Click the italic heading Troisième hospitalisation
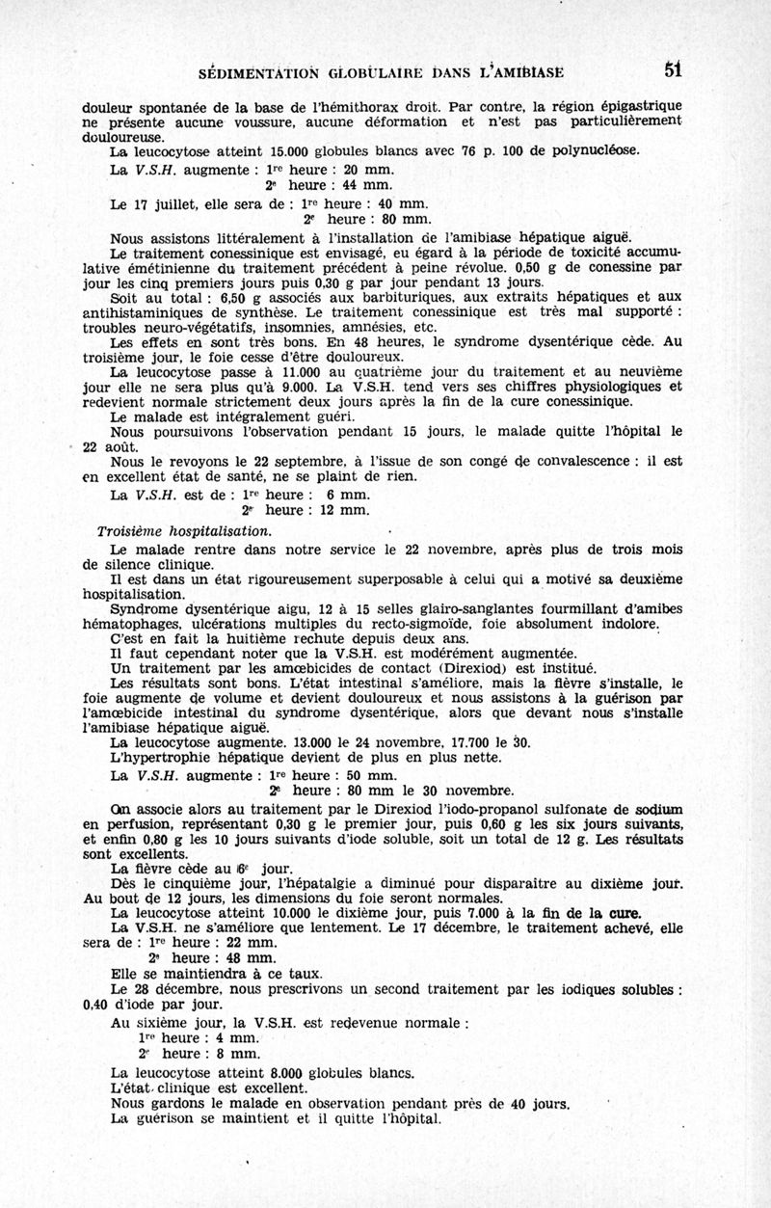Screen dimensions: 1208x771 pos(184,531)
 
